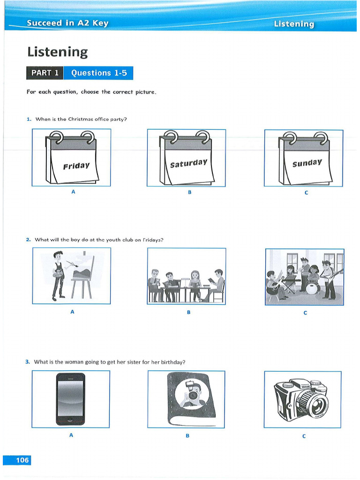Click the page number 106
[17, 460]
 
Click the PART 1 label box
[45, 73]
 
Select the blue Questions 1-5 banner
[98, 73]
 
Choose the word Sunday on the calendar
[307, 163]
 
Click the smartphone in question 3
[71, 398]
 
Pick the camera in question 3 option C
[303, 398]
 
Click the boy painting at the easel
[58, 275]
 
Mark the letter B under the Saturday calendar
[190, 192]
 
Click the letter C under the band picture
[305, 313]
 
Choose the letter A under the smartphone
[71, 435]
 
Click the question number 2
[28, 240]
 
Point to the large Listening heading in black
[57, 52]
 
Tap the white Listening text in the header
[294, 23]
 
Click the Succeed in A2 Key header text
[67, 23]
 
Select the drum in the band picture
[312, 287]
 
